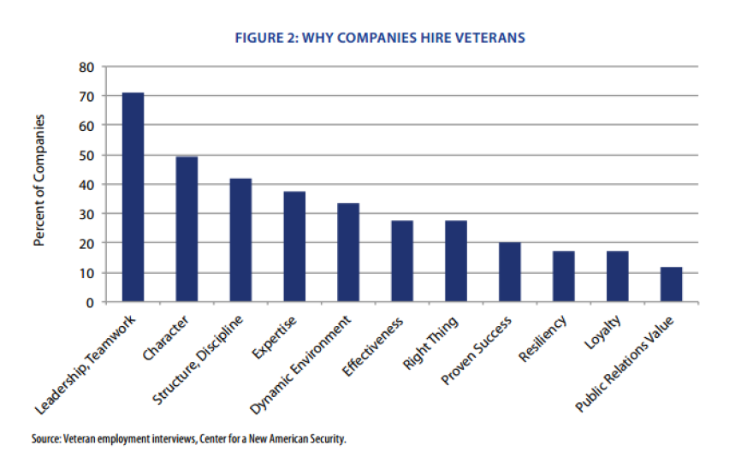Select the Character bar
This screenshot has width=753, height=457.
click(187, 229)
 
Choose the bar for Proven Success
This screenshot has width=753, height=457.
click(510, 272)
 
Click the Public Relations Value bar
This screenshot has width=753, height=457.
click(671, 284)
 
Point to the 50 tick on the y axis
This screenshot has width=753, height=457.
click(86, 155)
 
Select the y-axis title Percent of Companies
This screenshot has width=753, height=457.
click(39, 181)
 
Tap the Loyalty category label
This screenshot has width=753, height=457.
click(610, 331)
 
